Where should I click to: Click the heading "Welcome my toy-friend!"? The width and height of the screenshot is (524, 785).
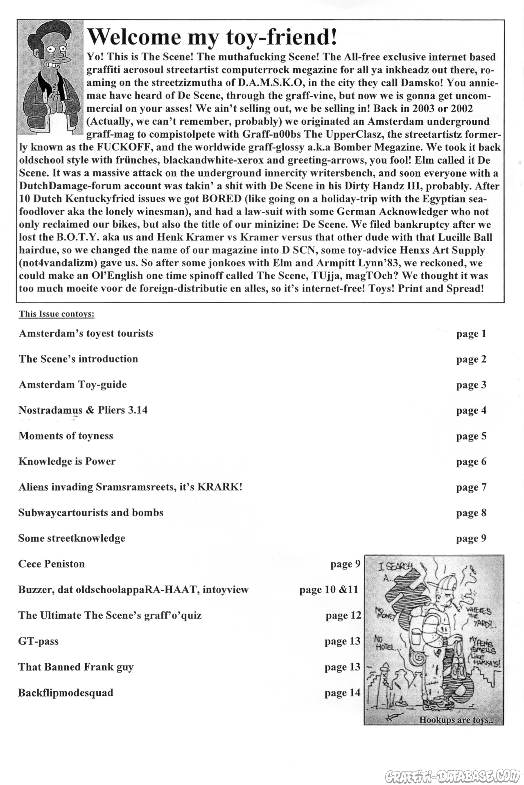212,37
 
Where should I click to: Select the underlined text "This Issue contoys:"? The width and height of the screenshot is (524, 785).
56,314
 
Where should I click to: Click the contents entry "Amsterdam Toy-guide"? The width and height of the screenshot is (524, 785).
72,385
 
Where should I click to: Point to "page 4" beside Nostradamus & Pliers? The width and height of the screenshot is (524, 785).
471,410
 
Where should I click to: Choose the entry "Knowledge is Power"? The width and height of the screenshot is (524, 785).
67,462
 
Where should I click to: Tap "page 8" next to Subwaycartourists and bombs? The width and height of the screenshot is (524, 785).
471,513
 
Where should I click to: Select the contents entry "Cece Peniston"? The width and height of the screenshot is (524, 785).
52,564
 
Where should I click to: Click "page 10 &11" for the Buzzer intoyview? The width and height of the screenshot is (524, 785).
329,590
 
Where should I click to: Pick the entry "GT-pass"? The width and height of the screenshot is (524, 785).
38,641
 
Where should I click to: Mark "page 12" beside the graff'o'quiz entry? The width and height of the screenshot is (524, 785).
343,615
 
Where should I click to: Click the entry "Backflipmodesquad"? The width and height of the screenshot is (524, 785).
65,693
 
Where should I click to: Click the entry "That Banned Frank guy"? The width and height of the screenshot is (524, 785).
76,667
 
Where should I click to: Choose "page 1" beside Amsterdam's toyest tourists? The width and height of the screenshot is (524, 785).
471,334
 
